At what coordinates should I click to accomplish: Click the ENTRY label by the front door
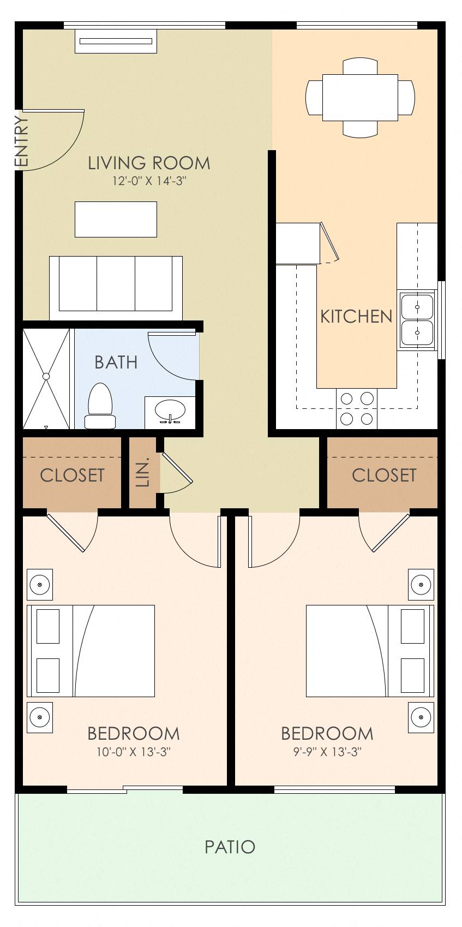coord(21,141)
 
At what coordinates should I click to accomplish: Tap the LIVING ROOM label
coord(149,163)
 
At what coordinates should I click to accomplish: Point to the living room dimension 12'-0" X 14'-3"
coord(149,181)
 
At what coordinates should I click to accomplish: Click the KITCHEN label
coord(356,316)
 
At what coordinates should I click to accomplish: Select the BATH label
coord(116,362)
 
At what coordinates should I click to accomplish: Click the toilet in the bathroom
coord(100,406)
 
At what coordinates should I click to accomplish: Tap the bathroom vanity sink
coord(170,411)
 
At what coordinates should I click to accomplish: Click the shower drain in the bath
coord(46,376)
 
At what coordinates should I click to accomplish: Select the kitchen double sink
coord(417,319)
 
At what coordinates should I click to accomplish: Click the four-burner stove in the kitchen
coord(357,408)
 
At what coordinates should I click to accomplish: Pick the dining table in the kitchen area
coord(360,97)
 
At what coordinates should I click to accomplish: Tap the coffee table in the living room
coord(116,219)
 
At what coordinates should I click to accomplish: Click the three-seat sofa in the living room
coord(116,288)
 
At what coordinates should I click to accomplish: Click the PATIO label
coord(230,847)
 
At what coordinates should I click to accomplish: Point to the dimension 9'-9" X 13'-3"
coord(327,752)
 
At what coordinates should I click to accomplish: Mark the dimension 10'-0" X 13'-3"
coord(134,752)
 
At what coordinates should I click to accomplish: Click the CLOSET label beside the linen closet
coord(72,475)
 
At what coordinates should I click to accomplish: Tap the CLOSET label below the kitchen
coord(384,475)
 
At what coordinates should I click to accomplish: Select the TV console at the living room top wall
coord(116,41)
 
